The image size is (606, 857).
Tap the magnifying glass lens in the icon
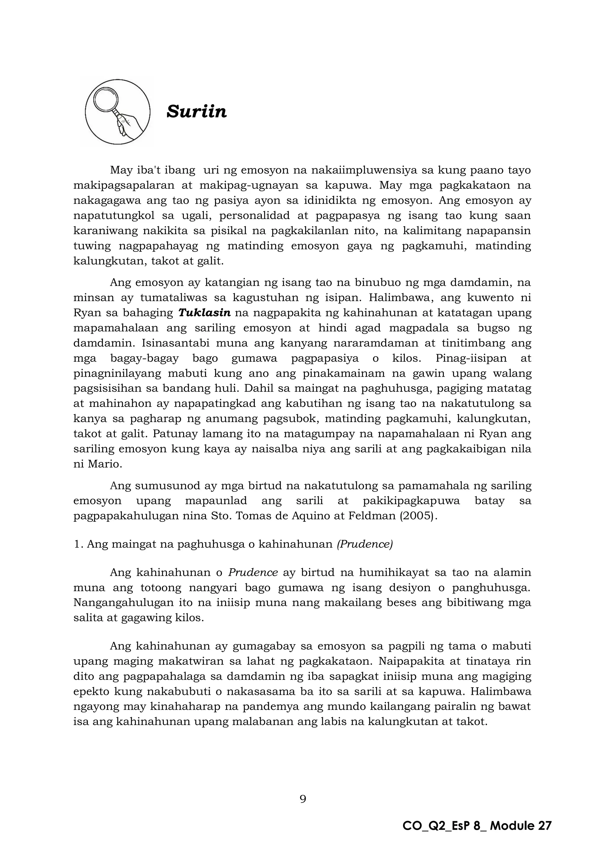(106, 99)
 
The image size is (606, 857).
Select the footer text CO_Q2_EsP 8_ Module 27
(477, 826)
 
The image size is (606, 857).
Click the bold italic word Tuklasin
(204, 313)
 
